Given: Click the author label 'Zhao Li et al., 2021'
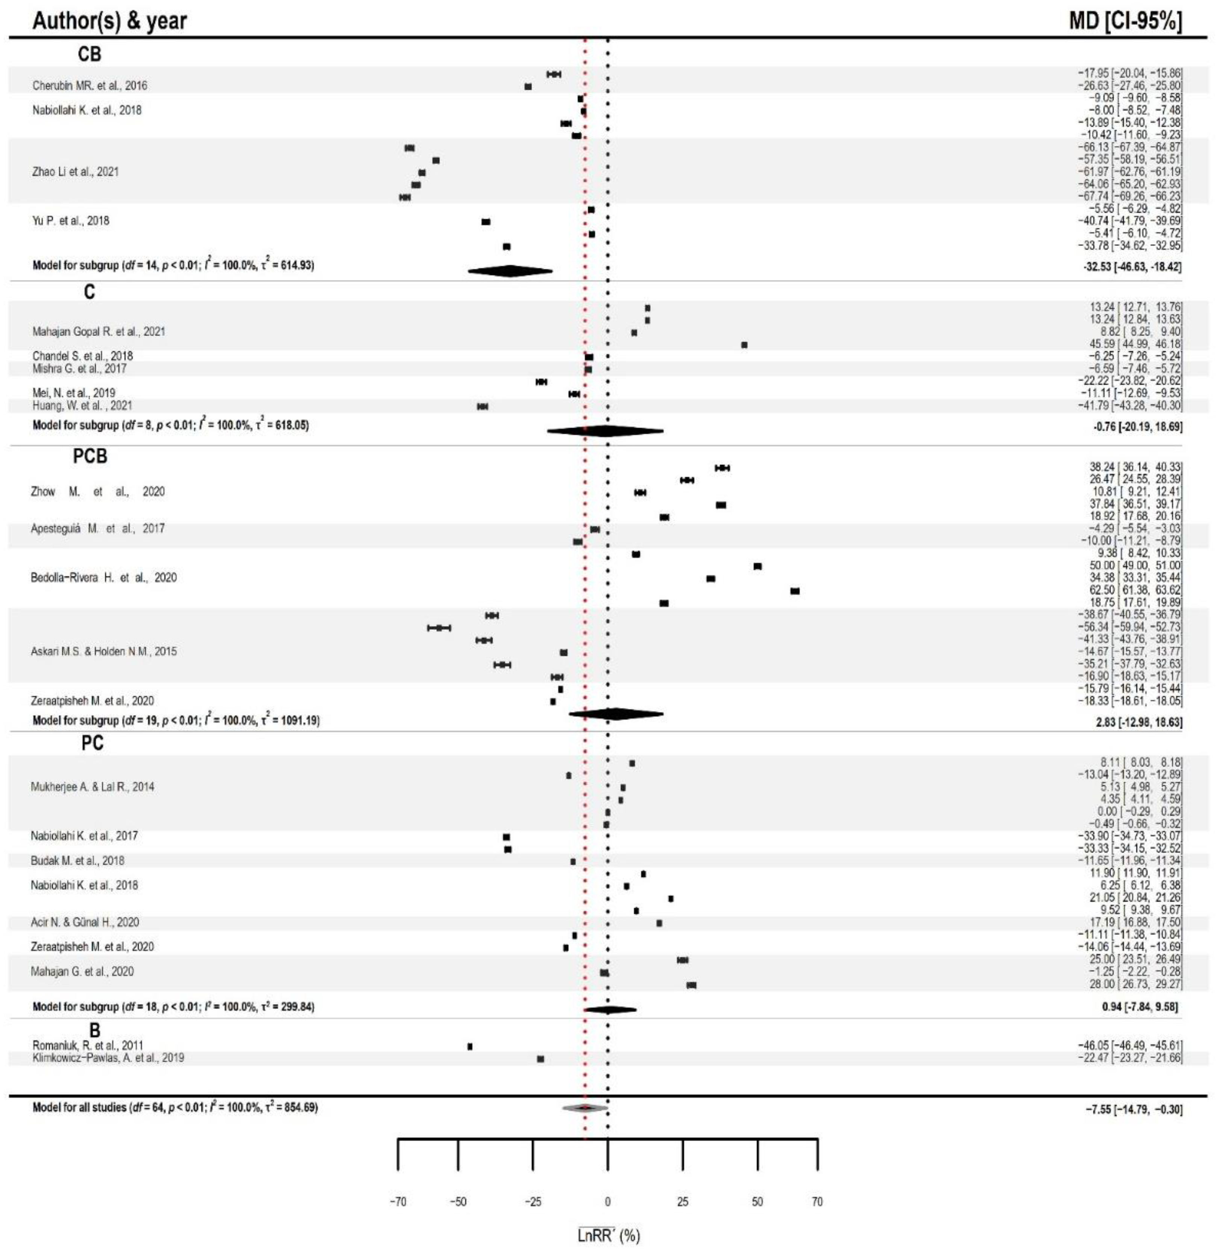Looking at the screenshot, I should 76,172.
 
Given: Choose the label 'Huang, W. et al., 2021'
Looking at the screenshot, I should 82,405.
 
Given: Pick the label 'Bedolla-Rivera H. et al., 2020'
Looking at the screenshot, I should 104,577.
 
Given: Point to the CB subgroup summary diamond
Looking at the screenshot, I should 510,271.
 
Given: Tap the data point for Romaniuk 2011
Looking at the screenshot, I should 470,1046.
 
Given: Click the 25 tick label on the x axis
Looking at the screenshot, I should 683,1202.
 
